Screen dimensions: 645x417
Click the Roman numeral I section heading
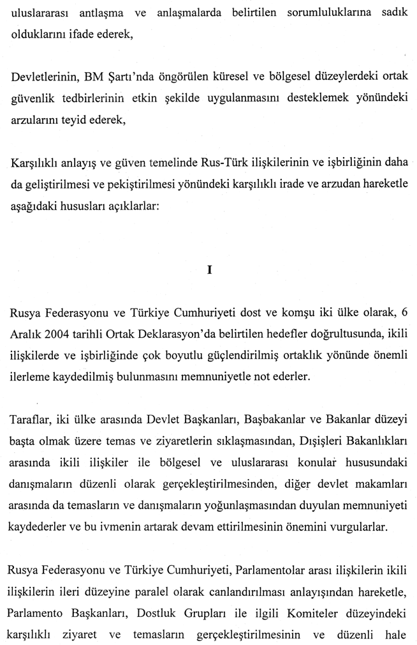click(x=209, y=269)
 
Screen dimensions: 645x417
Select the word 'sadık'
click(x=393, y=12)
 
